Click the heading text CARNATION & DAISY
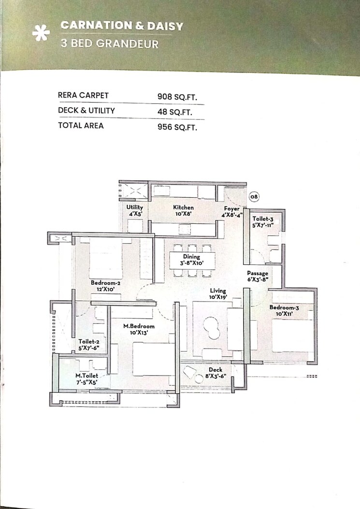(122, 26)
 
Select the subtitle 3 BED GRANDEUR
(109, 43)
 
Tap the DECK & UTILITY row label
(86, 110)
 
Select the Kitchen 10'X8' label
(183, 210)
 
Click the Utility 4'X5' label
(135, 210)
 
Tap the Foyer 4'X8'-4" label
(231, 212)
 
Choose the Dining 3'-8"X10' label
(191, 260)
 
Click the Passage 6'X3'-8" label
(258, 276)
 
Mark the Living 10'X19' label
(218, 294)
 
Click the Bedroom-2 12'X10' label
(105, 286)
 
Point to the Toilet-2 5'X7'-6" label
(89, 344)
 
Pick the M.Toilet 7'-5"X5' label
(86, 378)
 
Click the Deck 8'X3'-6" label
(216, 373)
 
